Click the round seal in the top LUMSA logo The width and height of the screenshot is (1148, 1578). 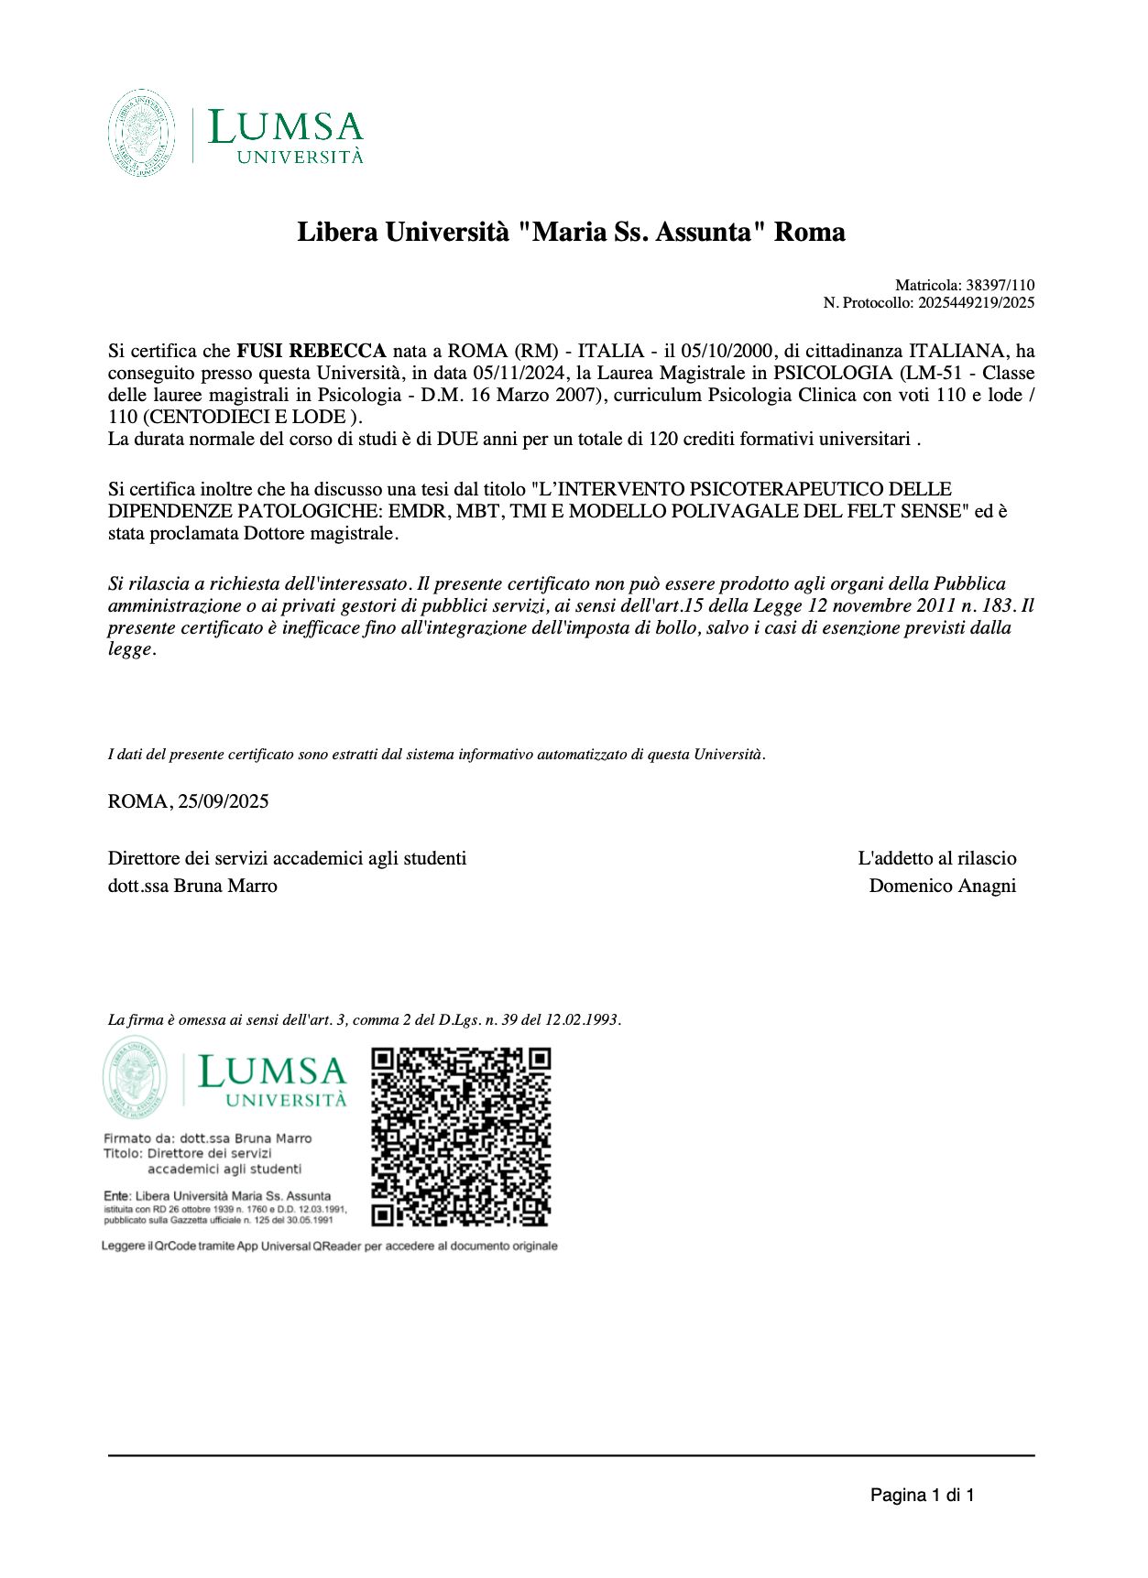click(x=141, y=133)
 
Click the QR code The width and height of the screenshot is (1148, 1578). click(x=461, y=1137)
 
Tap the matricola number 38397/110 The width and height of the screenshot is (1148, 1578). click(x=1000, y=285)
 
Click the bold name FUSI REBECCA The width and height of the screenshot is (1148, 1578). click(x=312, y=351)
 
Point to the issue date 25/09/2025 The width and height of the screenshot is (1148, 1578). click(x=224, y=801)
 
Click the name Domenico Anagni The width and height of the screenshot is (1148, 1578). click(x=942, y=886)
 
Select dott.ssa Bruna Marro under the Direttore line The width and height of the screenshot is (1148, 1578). click(x=192, y=886)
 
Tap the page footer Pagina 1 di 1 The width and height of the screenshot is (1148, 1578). click(x=922, y=1496)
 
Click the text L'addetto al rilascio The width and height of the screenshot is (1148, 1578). click(x=936, y=858)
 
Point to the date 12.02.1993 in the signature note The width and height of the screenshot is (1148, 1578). click(x=583, y=1019)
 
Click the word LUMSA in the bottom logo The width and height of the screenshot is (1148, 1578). click(x=273, y=1072)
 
